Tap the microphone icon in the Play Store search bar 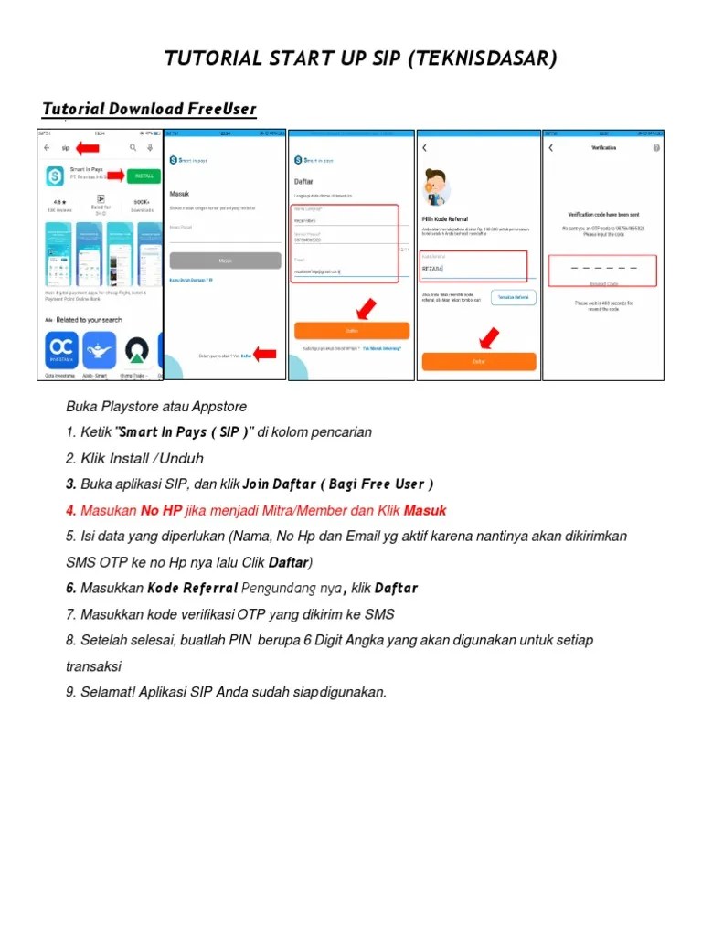pos(149,147)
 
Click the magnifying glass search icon pos(133,147)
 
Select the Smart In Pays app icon pos(57,174)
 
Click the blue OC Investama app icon pos(62,350)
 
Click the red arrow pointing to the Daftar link pos(265,355)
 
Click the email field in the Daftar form pos(344,271)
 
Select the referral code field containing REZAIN pos(473,267)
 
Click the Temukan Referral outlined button pos(514,297)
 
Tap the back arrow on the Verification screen pos(550,147)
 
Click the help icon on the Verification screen pos(655,147)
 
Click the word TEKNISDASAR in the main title pos(483,59)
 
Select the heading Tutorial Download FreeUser pos(149,110)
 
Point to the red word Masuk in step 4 pos(425,510)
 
